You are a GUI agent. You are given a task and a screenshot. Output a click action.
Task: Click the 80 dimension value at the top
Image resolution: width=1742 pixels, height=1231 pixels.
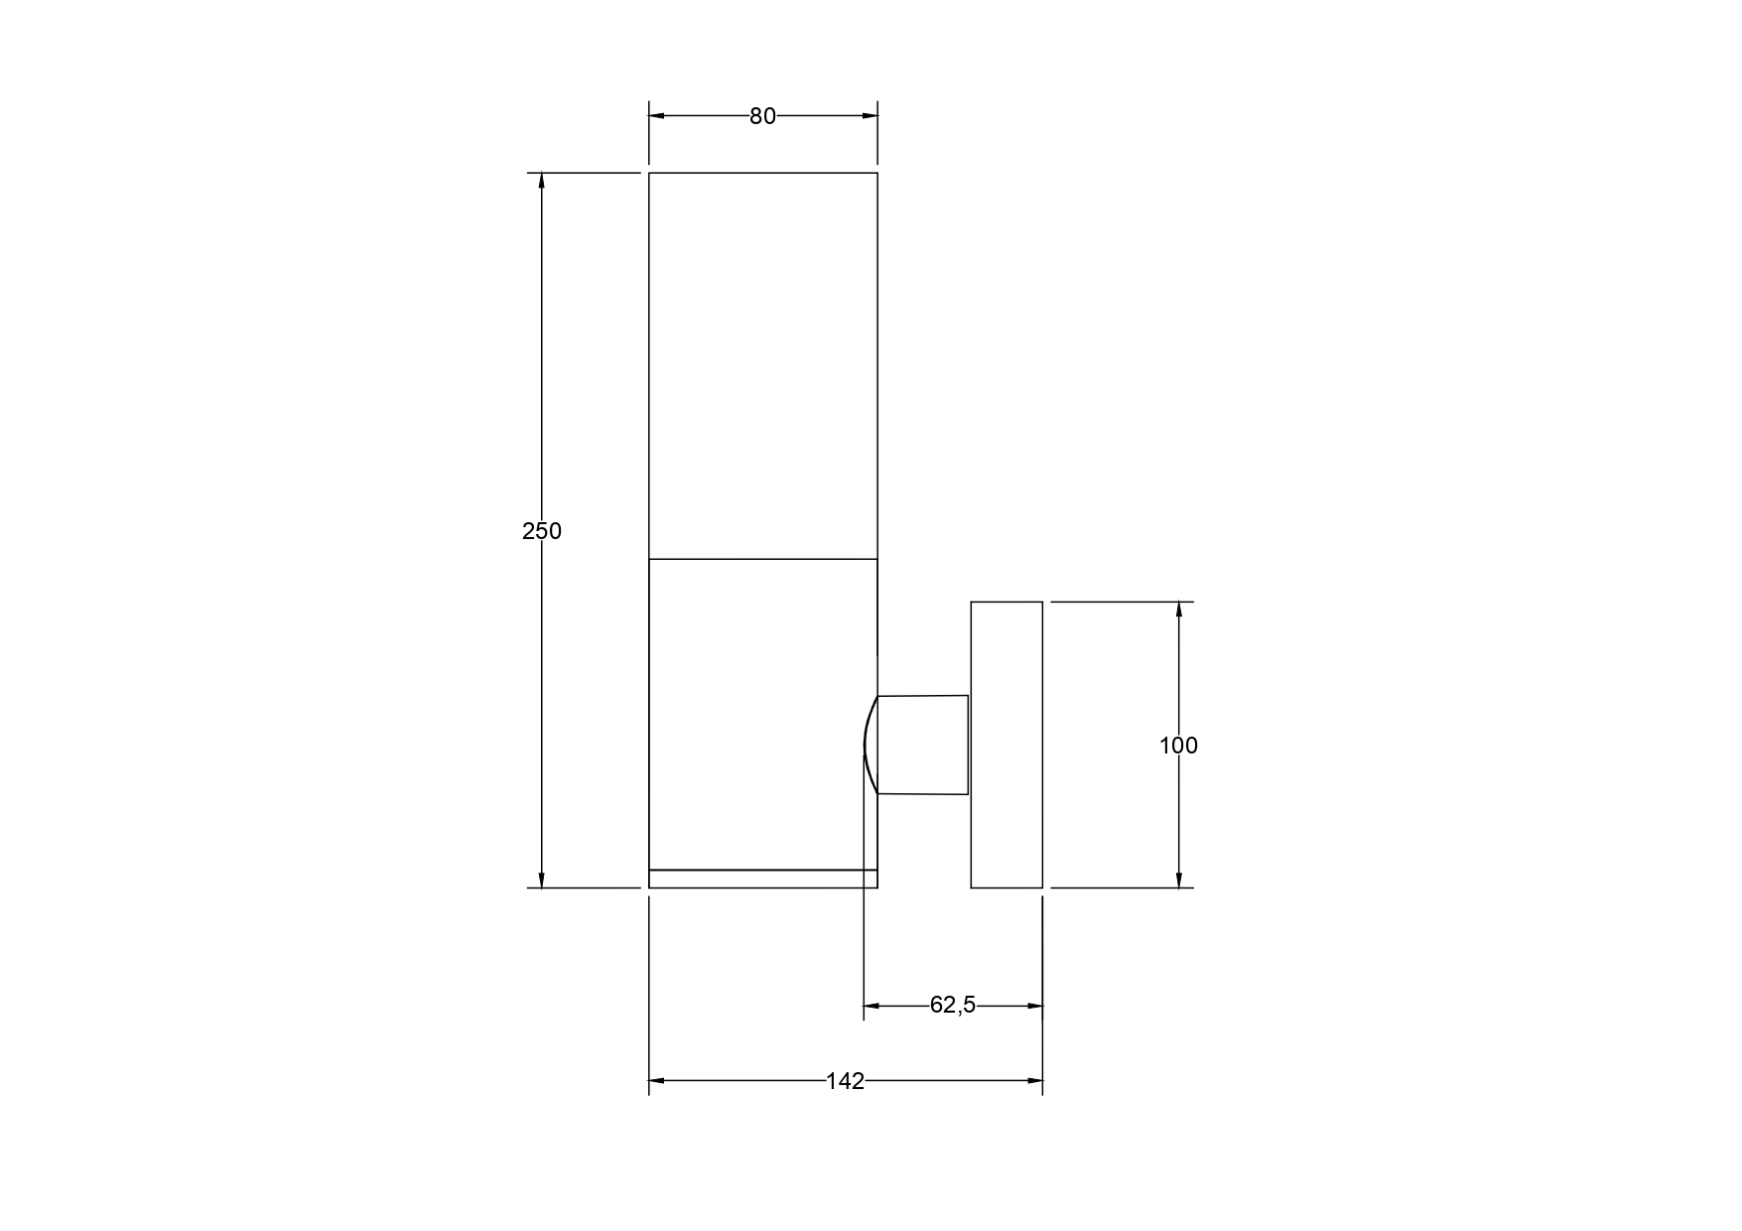762,116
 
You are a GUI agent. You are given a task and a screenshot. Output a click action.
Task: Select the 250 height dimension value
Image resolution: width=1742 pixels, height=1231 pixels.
542,531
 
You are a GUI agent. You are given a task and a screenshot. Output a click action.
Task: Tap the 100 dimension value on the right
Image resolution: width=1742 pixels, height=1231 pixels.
1178,746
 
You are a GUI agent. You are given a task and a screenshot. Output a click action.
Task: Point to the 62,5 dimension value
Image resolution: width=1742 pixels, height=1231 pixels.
953,1006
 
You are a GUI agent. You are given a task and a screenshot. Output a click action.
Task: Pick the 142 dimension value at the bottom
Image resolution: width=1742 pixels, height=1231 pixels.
845,1081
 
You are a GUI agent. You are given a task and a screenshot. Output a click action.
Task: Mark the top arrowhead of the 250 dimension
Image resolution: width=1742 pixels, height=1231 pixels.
541,181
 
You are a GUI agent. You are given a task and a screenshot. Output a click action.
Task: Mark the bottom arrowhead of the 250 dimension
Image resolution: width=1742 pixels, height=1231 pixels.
541,880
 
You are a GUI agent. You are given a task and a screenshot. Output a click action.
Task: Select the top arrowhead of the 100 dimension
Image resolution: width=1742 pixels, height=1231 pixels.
1178,610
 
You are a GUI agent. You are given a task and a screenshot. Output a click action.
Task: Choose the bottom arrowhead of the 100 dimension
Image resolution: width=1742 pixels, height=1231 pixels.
1178,880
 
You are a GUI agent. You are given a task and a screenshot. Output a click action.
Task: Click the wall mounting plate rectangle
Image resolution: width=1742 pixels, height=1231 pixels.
1006,745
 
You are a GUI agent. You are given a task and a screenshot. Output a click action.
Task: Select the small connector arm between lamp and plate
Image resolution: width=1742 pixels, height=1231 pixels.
923,745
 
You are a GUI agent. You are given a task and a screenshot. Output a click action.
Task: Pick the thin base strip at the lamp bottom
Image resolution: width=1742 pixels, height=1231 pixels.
762,879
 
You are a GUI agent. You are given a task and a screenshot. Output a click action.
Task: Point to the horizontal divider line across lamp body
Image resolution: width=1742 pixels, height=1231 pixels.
762,559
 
